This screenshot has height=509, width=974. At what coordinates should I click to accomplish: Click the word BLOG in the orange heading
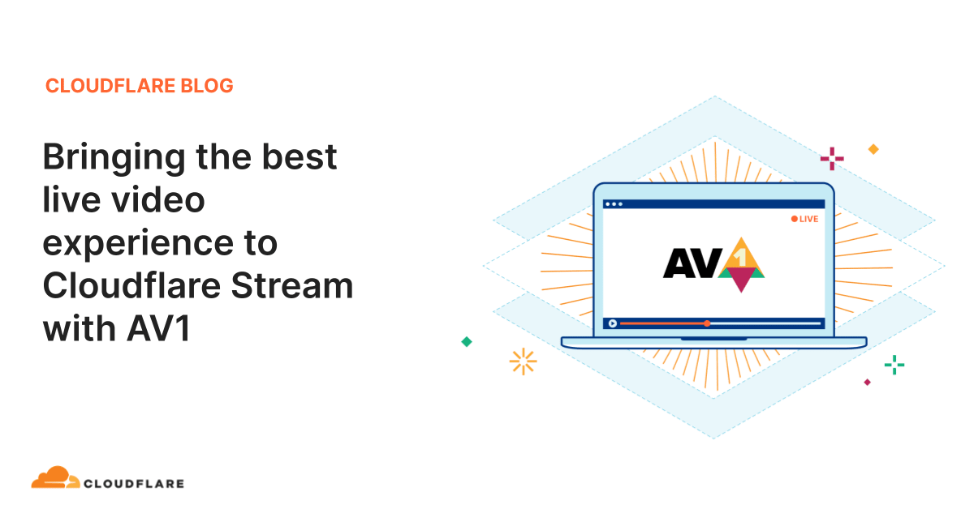(207, 86)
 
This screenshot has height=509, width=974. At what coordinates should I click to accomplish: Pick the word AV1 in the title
(159, 328)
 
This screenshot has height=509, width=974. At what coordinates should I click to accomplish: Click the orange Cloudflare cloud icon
(56, 477)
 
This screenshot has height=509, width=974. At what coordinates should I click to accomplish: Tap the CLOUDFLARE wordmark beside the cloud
(134, 484)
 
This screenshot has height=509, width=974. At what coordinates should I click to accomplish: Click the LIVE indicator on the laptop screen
(804, 219)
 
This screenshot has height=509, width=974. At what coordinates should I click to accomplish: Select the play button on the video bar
(613, 323)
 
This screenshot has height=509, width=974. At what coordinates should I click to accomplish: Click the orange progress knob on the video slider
(708, 323)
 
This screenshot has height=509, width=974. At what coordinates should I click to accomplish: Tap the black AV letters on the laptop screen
(692, 263)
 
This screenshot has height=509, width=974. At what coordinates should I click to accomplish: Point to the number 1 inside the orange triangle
(741, 257)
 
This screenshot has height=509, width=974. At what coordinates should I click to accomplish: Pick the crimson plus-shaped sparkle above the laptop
(832, 159)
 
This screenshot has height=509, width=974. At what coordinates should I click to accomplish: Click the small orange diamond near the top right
(873, 149)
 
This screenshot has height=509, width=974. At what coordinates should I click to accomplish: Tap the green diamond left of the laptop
(467, 342)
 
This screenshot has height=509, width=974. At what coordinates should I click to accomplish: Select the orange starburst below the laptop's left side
(523, 361)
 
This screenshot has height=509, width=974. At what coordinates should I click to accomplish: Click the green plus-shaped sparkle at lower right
(894, 365)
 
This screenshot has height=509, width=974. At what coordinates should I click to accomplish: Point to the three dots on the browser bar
(614, 204)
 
